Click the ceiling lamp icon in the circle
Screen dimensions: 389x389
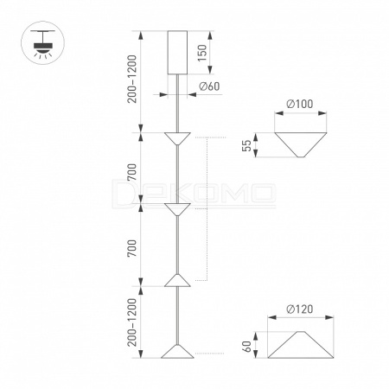pos(43,44)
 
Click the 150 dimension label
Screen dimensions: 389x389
pos(202,53)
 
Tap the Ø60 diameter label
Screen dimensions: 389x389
pos(209,86)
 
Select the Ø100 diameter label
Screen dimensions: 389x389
pos(300,104)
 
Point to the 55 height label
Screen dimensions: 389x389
pos(247,145)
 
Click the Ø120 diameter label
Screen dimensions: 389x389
pos(300,309)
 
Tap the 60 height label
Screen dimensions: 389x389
pos(247,346)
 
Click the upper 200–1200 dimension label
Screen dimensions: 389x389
pos(132,79)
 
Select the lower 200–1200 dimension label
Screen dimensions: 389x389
pos(132,322)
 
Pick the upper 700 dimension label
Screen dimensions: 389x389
pos(132,172)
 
